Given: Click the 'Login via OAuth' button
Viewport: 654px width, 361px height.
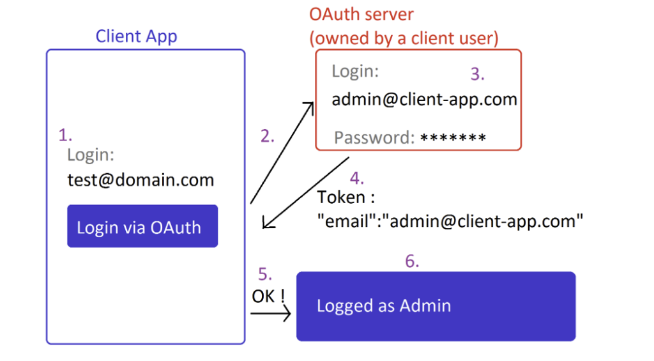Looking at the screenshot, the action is coord(142,226).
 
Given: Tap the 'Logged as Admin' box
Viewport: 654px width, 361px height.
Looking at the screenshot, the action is coord(436,306).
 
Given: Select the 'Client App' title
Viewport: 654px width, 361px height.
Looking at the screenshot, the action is coord(137,36).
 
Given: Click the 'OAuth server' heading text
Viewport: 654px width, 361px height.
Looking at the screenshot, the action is coord(361,14).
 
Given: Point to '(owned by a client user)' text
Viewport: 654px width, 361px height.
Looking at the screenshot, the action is coord(404,38).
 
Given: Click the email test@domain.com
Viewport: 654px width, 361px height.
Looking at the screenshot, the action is coord(141,180).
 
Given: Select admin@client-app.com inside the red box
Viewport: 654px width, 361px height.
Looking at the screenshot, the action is coord(424,99).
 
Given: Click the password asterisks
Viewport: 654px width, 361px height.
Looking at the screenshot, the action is coord(453,137).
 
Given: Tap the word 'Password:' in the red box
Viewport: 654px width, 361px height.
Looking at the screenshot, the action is coord(374,138).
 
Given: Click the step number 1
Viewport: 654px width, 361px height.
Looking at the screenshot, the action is coord(65,135).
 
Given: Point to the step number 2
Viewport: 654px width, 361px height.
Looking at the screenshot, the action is coord(268,136).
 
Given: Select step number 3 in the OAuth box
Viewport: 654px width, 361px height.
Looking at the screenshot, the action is coord(478,74).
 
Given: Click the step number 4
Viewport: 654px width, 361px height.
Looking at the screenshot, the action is coord(356,178).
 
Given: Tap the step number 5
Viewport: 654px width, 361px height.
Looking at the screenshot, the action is coord(265,274).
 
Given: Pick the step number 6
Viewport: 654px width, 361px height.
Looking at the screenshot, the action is coord(412,261).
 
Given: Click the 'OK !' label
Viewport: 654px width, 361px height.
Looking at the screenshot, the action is coord(268,296).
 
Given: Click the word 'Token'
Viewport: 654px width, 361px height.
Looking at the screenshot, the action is coord(341,197).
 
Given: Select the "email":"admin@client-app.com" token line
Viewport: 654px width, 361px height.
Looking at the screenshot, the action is coord(450,221).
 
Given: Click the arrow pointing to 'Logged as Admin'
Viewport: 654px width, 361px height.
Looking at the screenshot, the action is coord(270,314).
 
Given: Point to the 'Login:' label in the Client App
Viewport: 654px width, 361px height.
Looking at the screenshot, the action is coord(91,155).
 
